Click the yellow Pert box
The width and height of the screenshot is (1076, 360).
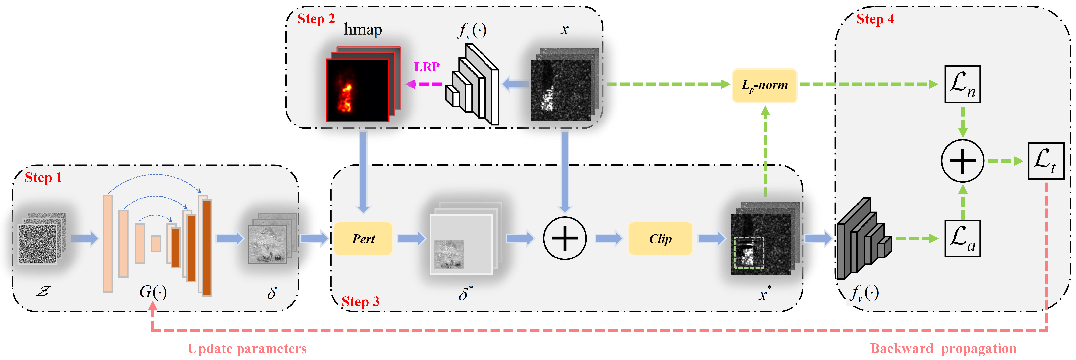click(363, 239)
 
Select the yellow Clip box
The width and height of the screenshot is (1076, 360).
click(660, 239)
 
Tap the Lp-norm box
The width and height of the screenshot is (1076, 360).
click(764, 85)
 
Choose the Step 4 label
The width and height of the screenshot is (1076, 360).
click(875, 19)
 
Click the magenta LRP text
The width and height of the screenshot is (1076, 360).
click(427, 67)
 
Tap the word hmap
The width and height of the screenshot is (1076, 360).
click(363, 30)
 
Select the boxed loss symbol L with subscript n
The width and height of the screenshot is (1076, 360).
click(962, 84)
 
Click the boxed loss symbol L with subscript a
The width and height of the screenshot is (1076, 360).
click(962, 239)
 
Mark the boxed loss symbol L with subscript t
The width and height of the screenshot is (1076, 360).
click(1045, 161)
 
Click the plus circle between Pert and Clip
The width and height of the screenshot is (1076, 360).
click(565, 239)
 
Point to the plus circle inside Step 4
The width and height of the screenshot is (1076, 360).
click(962, 161)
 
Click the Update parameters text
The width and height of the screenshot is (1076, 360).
click(247, 348)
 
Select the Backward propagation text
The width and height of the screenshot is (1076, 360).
click(943, 348)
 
